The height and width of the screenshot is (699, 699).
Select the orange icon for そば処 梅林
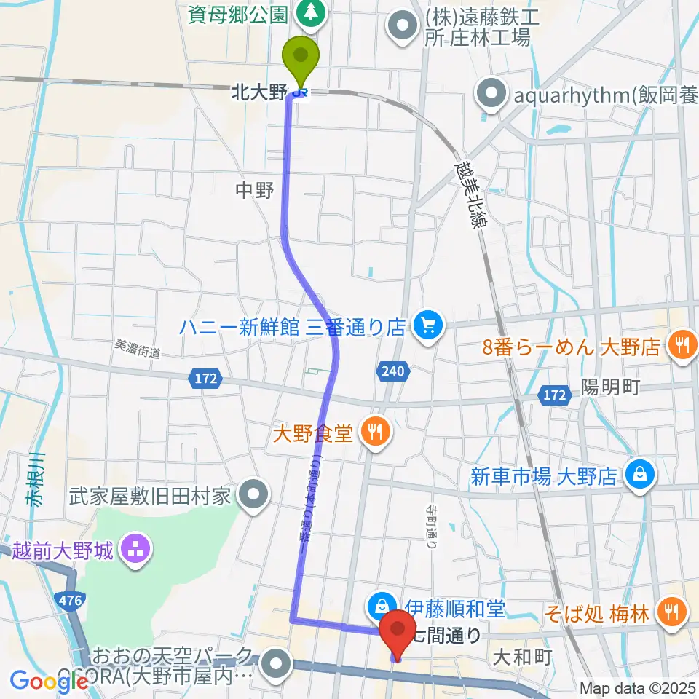668,612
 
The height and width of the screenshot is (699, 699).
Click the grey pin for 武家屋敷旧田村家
253,497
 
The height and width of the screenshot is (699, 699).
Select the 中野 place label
255,191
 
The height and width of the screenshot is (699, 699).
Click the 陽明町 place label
610,387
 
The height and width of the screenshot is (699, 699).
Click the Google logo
50,681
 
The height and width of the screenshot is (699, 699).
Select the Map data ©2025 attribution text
638,687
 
